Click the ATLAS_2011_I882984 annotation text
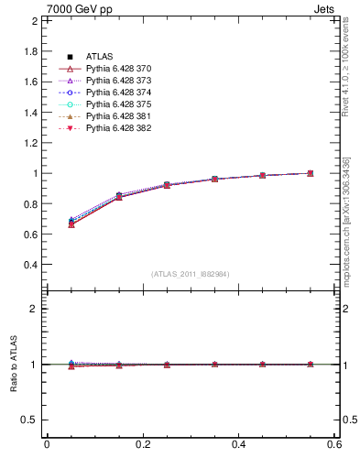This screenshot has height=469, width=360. (x=191, y=273)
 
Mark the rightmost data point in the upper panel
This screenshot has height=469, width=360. (x=311, y=173)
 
